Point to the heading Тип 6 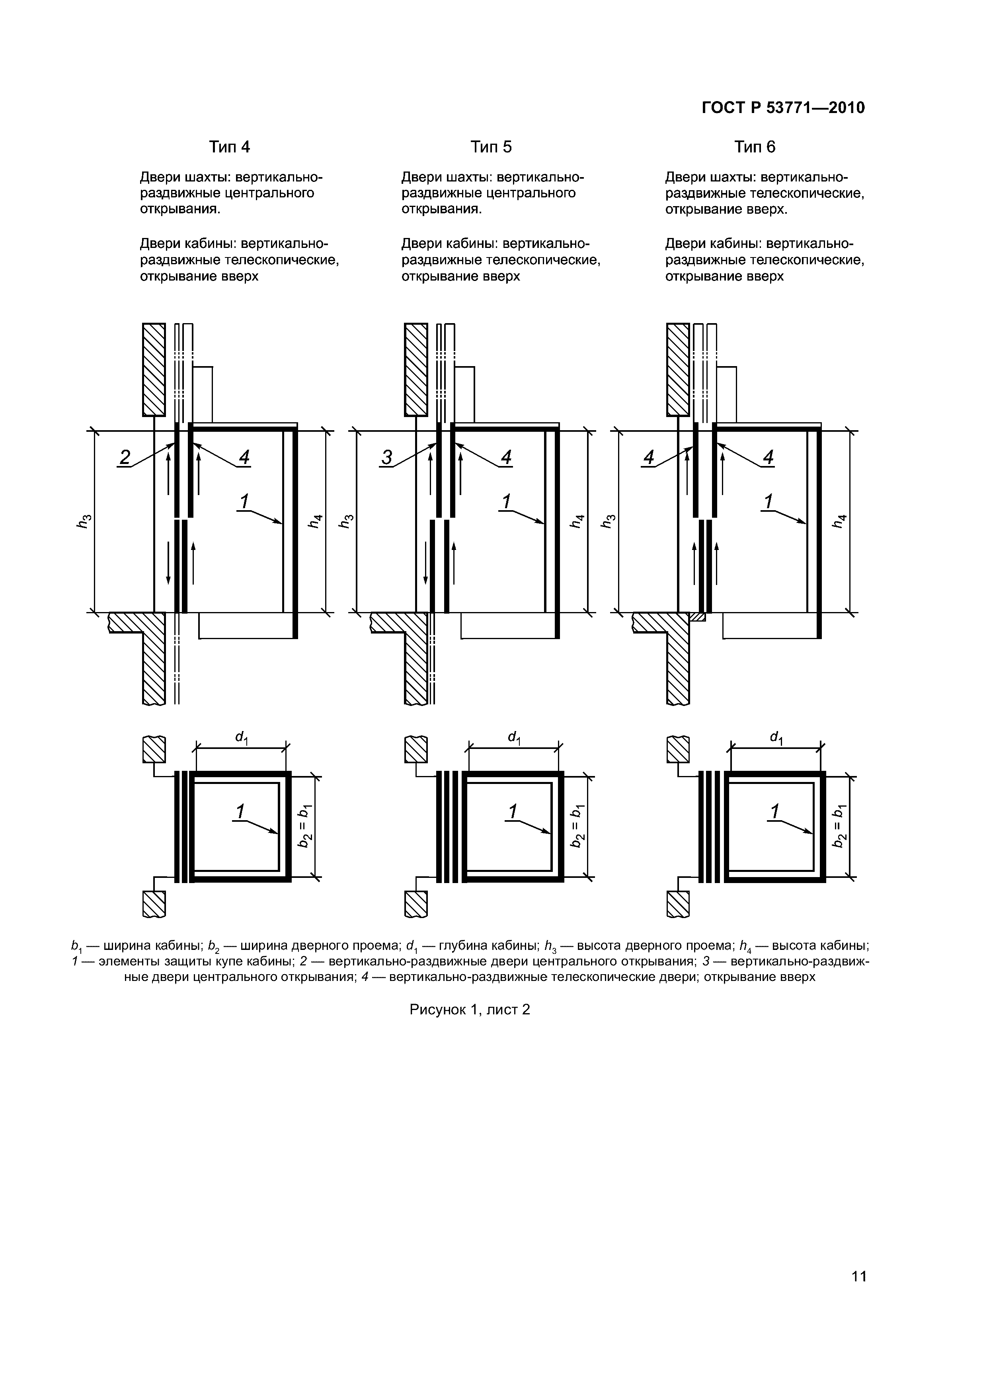(x=755, y=147)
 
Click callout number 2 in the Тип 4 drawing (x=125, y=457)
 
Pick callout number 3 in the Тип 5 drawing (x=387, y=457)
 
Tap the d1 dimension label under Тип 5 (x=515, y=737)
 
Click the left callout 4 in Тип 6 (x=649, y=457)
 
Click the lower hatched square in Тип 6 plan (x=678, y=904)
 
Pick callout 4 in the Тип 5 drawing (x=506, y=457)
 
